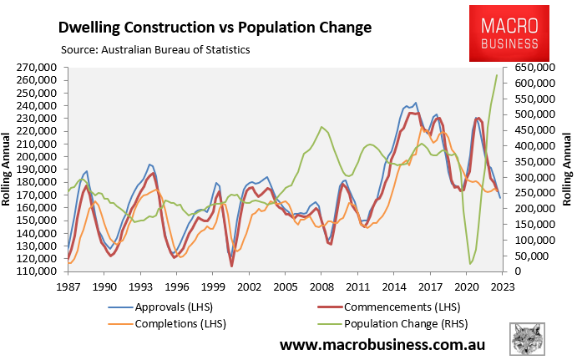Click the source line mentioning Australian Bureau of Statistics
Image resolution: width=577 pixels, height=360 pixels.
tap(154, 49)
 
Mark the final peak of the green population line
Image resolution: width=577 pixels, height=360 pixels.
tap(497, 75)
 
